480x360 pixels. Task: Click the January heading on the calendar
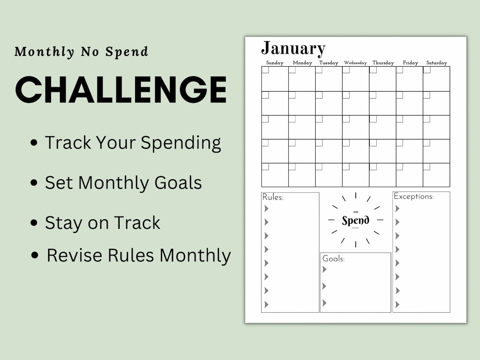(293, 48)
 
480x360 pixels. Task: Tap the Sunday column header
(275, 63)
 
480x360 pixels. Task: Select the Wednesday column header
(355, 63)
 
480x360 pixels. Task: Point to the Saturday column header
(436, 63)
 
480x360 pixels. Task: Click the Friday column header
(410, 63)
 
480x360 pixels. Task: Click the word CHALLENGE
(121, 89)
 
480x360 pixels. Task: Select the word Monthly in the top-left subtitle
(44, 52)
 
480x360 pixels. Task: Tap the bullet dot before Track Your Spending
(34, 143)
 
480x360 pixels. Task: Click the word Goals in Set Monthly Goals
(178, 183)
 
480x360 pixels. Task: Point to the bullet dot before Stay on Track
(34, 223)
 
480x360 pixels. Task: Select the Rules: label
(273, 197)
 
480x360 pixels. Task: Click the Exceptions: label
(414, 196)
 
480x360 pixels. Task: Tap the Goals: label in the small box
(333, 259)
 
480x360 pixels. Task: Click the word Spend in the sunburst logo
(355, 220)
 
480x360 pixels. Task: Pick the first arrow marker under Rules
(266, 208)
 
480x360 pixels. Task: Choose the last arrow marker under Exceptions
(397, 304)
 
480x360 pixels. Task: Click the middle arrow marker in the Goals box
(324, 286)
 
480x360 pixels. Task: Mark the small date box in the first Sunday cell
(265, 70)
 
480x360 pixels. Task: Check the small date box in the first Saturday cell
(427, 70)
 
